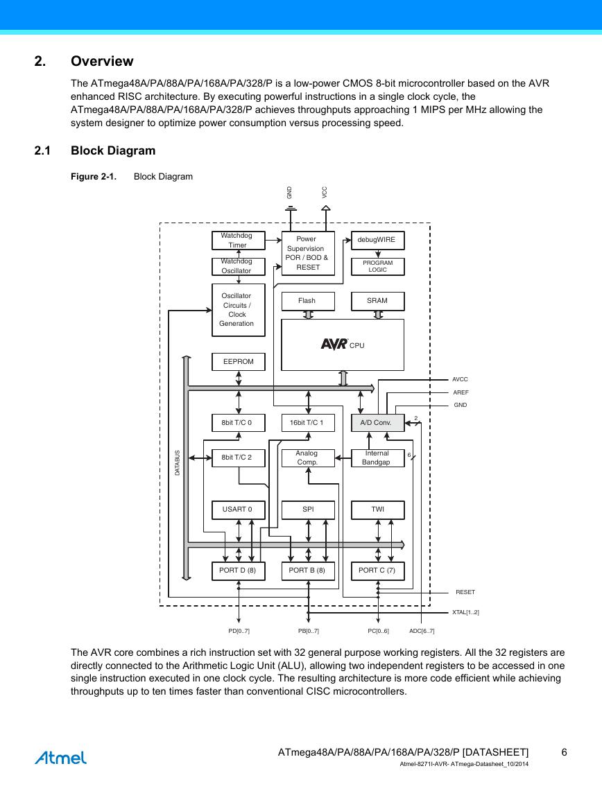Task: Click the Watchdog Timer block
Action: tap(239, 241)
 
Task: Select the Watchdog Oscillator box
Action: tap(239, 266)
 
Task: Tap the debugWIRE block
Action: tap(378, 240)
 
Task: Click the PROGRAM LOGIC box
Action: tap(378, 266)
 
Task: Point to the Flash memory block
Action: tap(308, 301)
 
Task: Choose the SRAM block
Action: tap(378, 301)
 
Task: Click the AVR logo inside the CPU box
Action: tap(334, 345)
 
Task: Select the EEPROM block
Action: tap(239, 362)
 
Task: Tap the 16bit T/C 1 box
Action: tap(308, 423)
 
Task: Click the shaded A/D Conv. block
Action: tap(378, 423)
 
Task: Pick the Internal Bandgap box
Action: tap(378, 458)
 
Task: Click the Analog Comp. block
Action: tap(308, 458)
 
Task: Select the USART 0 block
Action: tap(239, 510)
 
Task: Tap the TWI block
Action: tap(378, 510)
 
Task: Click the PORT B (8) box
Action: tap(308, 571)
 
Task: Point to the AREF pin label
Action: tap(461, 392)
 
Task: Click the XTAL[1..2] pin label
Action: tap(465, 612)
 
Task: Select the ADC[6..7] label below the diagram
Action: tap(422, 631)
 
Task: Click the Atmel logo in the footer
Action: tap(61, 758)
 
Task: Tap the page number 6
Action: tap(565, 752)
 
